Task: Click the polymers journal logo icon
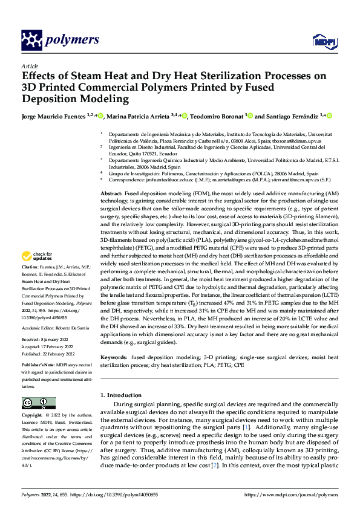[31, 41]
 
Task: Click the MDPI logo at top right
[321, 41]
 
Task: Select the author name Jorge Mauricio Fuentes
[52, 116]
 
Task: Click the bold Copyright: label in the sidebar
[33, 416]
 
